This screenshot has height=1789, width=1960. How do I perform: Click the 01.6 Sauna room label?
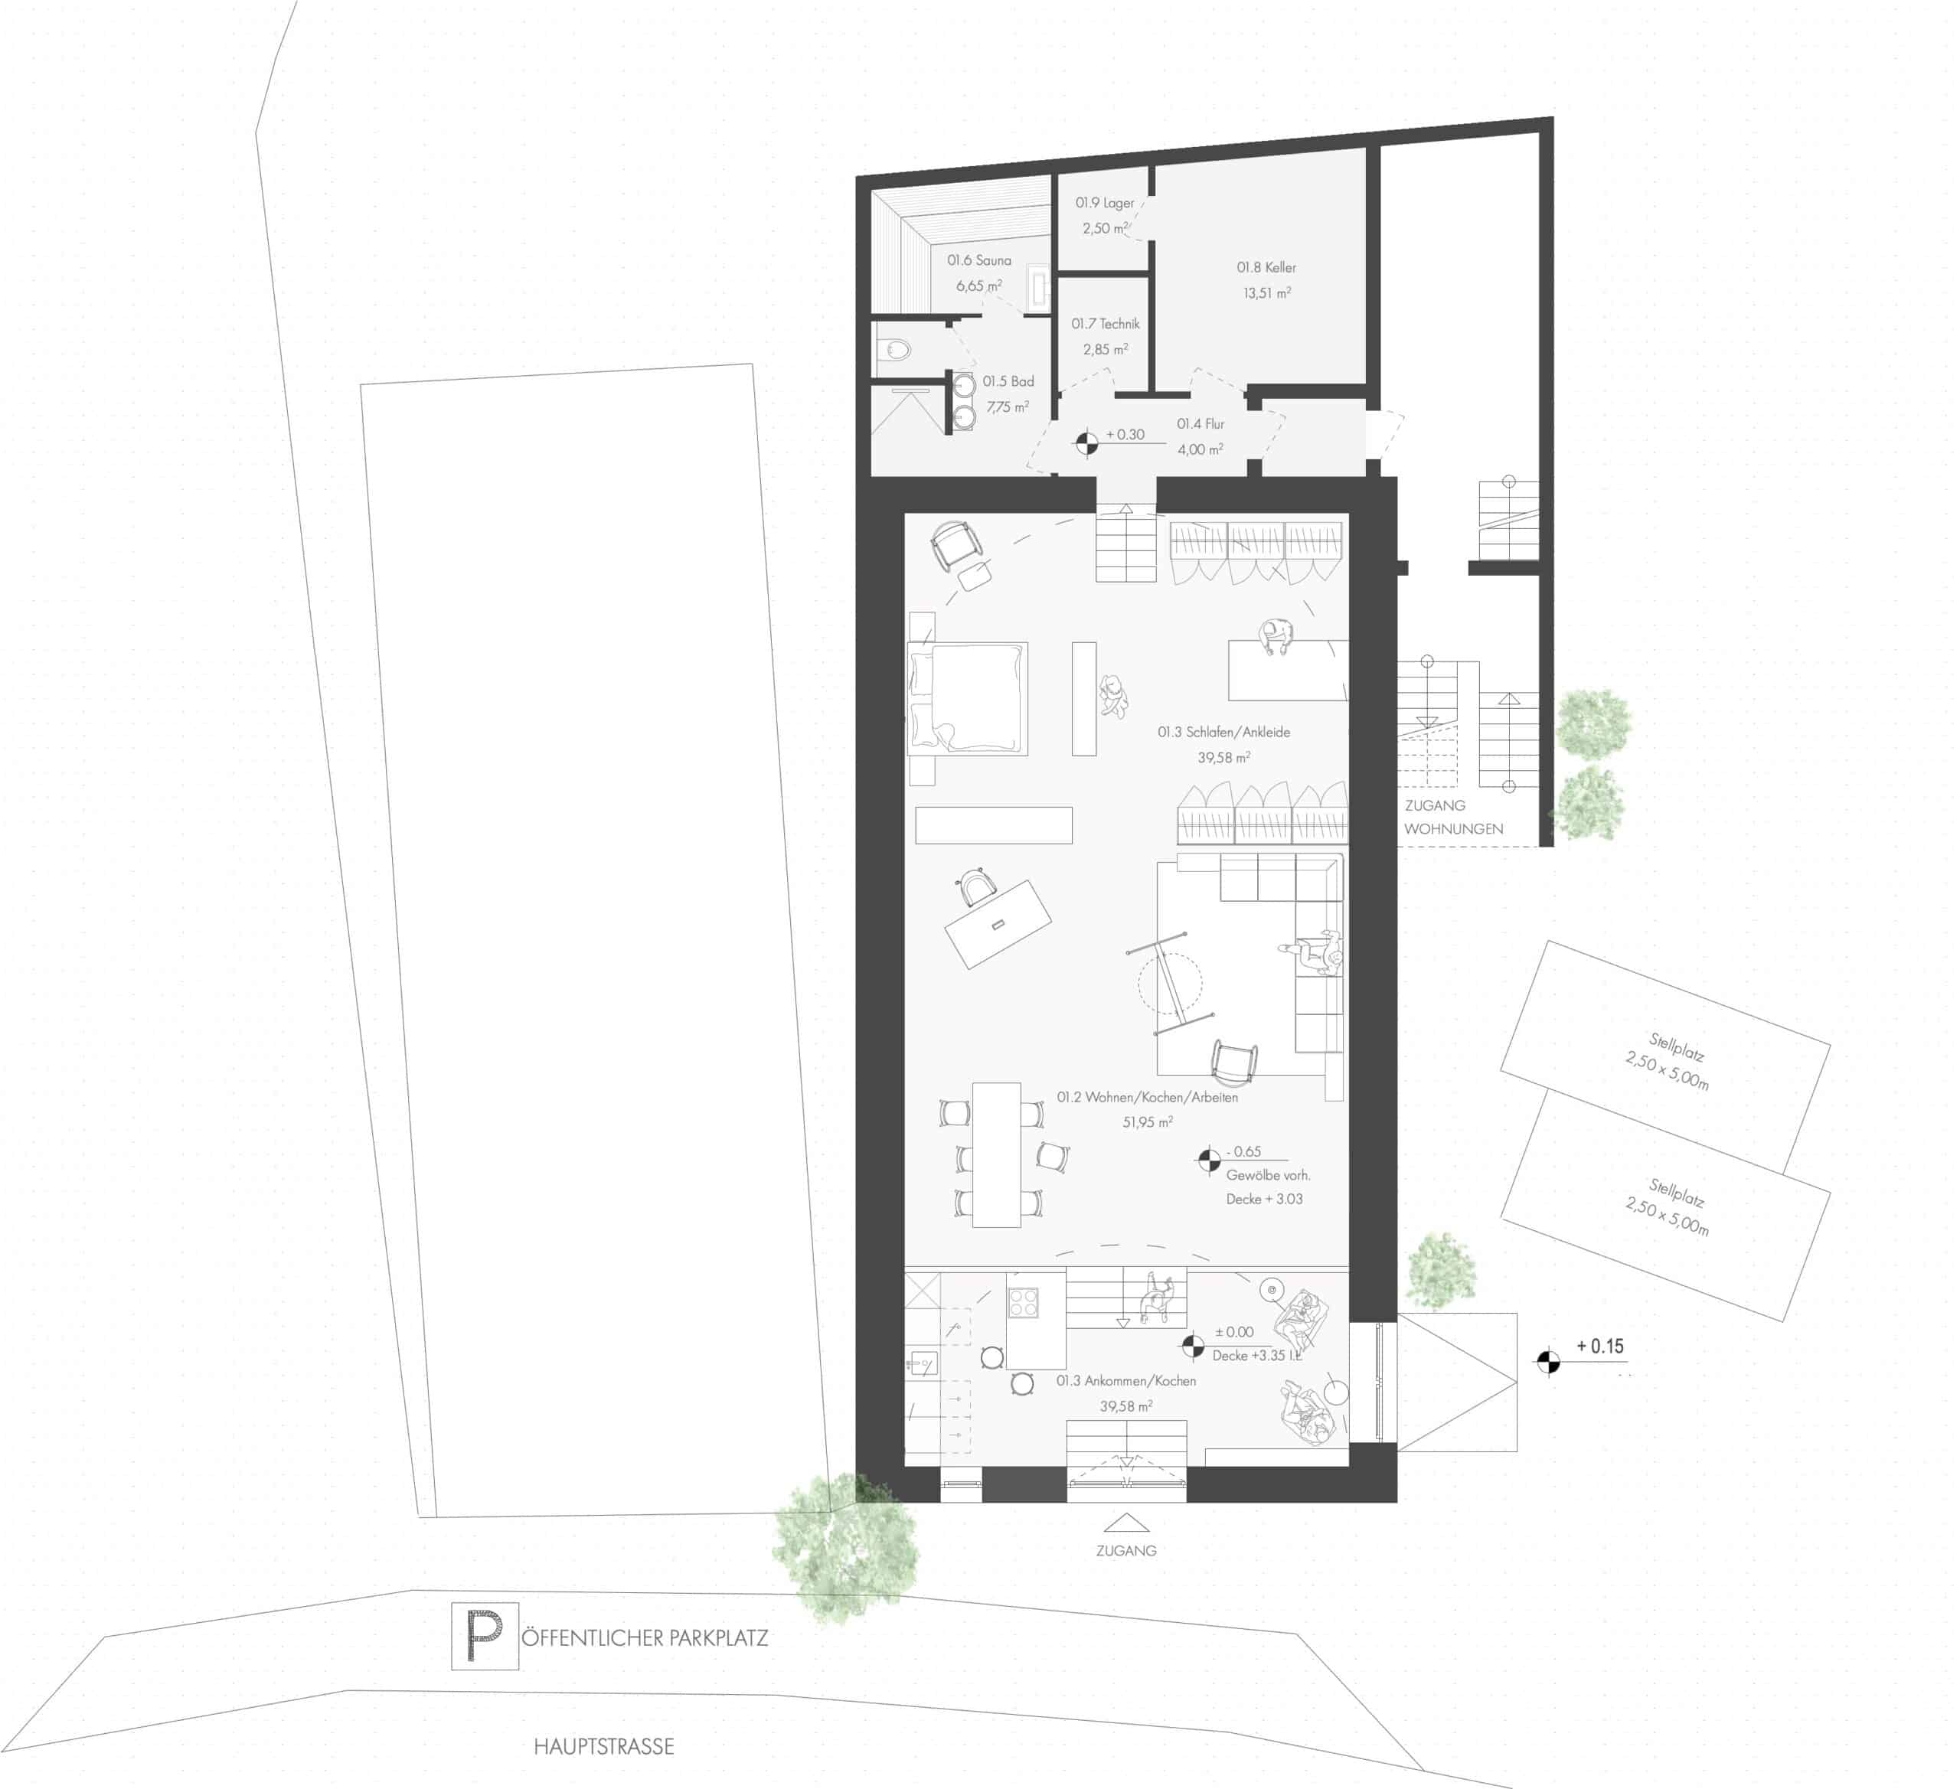coord(979,260)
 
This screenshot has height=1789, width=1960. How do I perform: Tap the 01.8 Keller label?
coord(1266,267)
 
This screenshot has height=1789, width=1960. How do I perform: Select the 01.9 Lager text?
coord(1105,203)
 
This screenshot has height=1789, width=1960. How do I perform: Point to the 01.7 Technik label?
coord(1106,324)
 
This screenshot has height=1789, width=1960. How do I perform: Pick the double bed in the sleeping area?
coord(969,698)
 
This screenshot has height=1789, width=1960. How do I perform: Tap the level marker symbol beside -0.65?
coord(1208,1160)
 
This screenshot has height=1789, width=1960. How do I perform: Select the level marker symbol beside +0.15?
coord(1549,1362)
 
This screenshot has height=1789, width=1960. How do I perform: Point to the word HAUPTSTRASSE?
coord(604,1747)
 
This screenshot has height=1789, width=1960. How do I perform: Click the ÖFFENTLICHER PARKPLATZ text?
coord(645,1637)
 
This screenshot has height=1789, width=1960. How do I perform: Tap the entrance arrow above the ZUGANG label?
coord(1125,1523)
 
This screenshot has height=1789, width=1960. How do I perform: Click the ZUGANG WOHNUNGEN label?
coord(1452,818)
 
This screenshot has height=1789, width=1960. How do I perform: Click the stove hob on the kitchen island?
coord(1024,1303)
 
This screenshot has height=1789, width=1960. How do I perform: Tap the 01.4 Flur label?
coord(1200,424)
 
